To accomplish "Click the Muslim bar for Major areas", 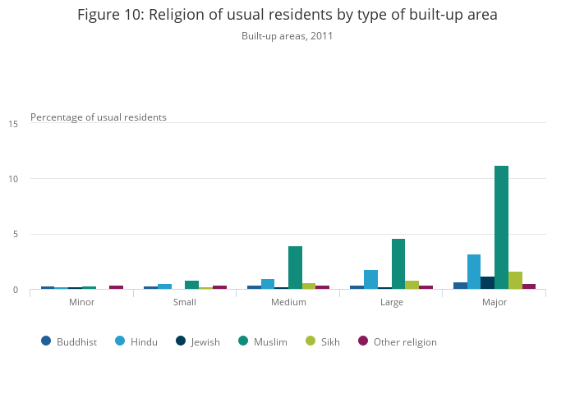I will point(501,227).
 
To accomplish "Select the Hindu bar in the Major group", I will point(474,272).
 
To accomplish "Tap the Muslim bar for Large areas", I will point(398,263).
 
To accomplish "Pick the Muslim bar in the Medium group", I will point(295,268).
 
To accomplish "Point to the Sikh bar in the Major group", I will point(515,280).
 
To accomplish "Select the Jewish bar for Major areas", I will point(487,282).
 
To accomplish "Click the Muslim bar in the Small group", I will point(191,285).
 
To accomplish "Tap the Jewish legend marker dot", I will point(181,341).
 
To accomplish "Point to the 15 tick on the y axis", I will point(13,124).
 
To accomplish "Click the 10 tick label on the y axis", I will point(13,179).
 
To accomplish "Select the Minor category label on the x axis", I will point(81,302).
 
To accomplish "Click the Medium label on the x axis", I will point(288,302).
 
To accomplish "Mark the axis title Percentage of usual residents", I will point(99,117).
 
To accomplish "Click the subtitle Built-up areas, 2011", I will point(287,36).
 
